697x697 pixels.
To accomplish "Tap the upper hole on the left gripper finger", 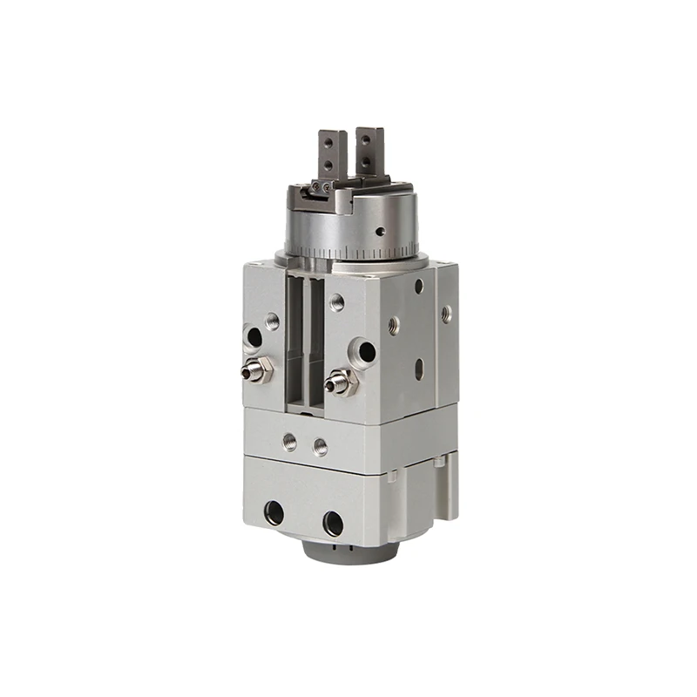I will pos(328,142).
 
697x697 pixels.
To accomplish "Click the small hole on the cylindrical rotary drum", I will pos(380,232).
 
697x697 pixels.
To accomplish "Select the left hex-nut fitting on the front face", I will pos(257,370).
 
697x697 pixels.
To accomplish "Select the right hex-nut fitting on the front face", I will pos(340,381).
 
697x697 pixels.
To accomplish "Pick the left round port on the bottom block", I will pos(274,512).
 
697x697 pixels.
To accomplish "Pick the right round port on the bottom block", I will pos(333,523).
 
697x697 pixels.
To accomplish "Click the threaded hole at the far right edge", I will pos(447,312).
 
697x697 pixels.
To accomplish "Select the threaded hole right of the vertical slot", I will pos(337,303).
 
